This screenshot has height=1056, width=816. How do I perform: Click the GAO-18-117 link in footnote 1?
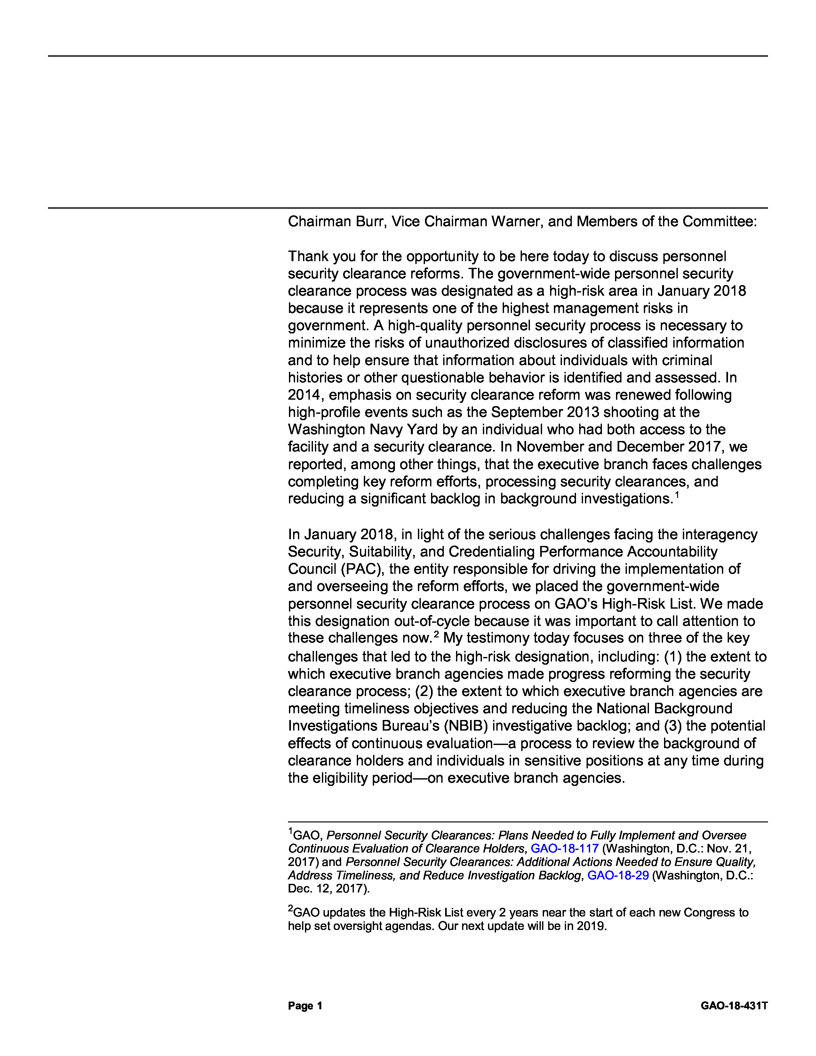pos(564,849)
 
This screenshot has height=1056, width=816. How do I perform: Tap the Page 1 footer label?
pos(305,1006)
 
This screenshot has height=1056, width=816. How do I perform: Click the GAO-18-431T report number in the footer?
pos(734,1006)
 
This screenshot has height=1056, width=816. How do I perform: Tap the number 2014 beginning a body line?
pos(305,395)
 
